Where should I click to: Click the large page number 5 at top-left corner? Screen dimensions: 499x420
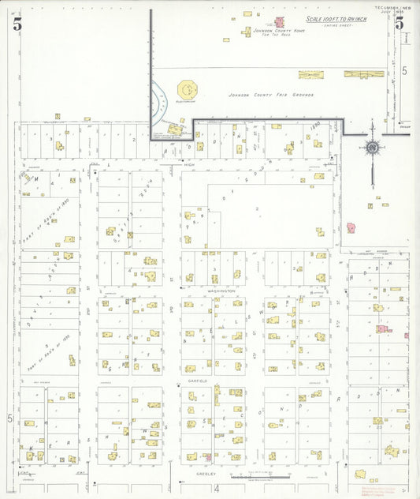[x=17, y=23]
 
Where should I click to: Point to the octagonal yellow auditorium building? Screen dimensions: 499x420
[x=188, y=88]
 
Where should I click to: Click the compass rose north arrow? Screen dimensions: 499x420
[x=371, y=145]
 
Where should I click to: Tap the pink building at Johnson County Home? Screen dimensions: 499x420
[x=278, y=23]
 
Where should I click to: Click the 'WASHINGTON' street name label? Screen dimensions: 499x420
[x=221, y=291]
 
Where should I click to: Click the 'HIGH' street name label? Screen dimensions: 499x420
[x=188, y=165]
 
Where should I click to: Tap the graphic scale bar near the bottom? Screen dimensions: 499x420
[x=260, y=477]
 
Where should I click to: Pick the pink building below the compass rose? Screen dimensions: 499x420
[x=351, y=227]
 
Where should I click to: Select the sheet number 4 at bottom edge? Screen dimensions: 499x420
[x=216, y=488]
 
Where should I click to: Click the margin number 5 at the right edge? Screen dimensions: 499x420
[x=404, y=71]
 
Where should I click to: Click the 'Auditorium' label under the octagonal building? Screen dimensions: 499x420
[x=187, y=101]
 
